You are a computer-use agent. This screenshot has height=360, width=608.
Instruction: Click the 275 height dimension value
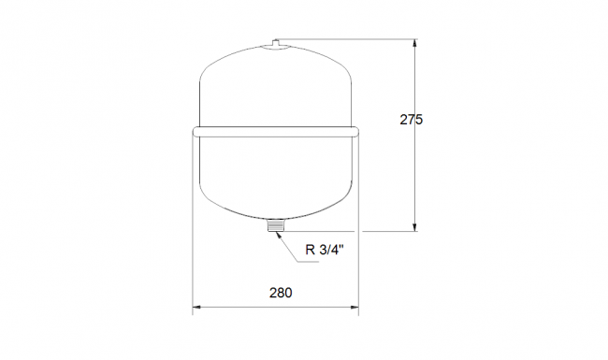(411, 120)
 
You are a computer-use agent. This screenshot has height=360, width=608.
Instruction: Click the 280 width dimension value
(281, 293)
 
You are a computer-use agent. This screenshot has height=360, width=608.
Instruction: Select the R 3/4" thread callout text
(325, 250)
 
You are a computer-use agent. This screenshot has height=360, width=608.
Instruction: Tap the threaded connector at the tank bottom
(276, 225)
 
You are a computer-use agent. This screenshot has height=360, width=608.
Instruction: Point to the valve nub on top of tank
(276, 43)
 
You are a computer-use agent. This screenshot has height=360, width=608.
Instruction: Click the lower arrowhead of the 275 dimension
(415, 227)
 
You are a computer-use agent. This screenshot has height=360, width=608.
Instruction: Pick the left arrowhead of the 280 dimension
(196, 308)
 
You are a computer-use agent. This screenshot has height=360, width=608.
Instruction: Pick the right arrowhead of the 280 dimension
(355, 308)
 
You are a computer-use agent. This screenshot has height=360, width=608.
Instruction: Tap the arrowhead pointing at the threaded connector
(277, 235)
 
